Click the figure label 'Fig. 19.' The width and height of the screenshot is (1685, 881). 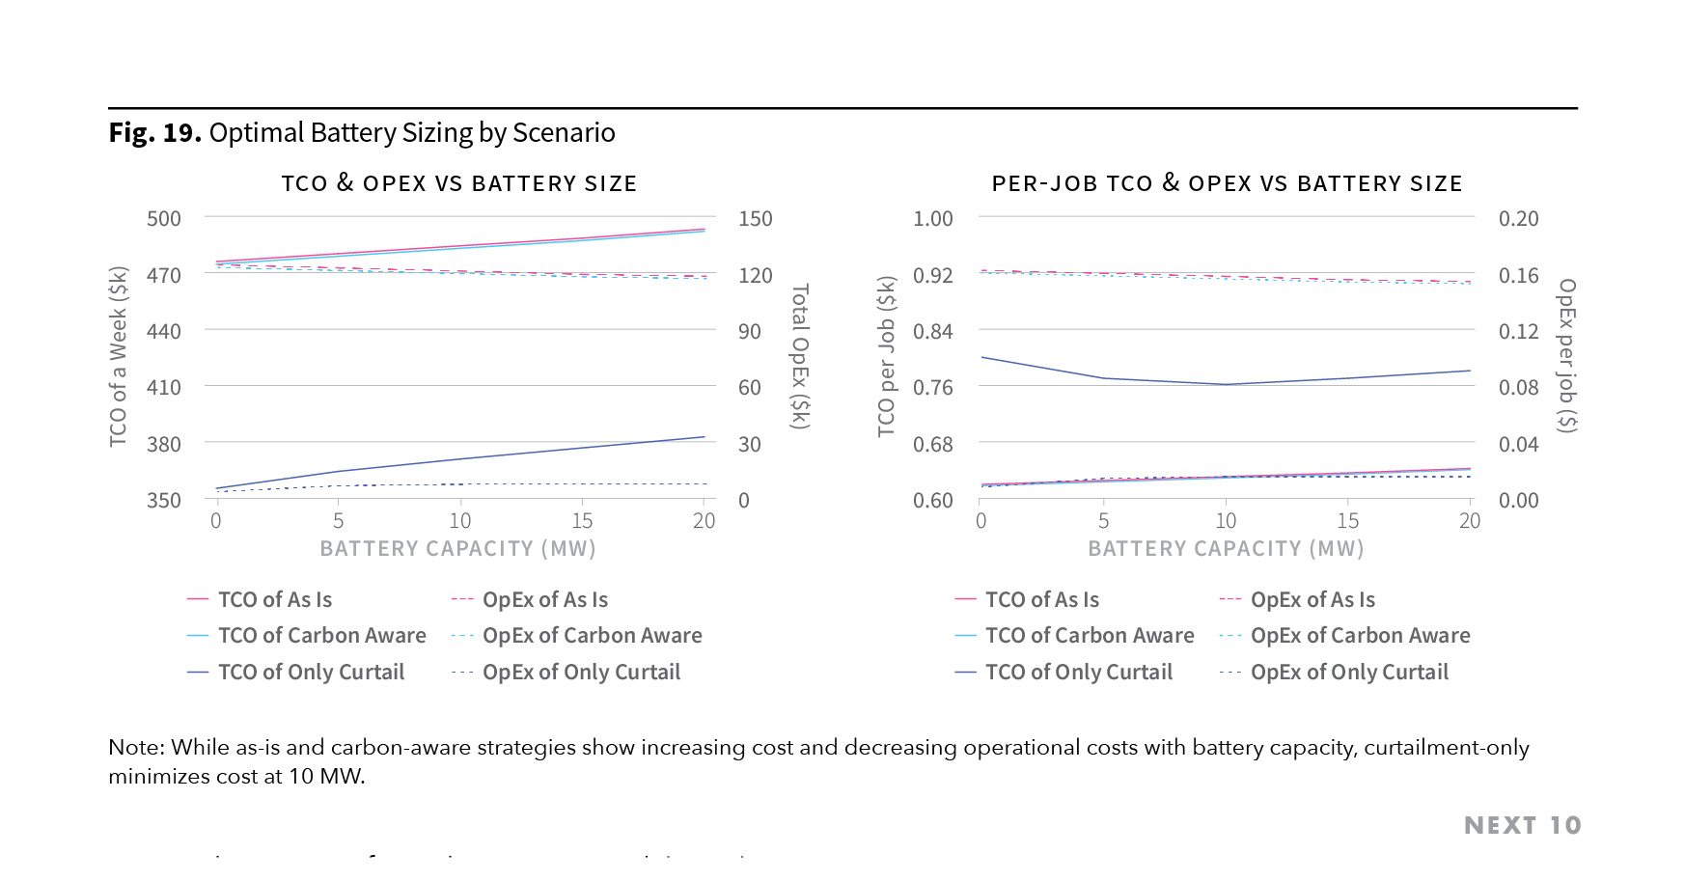154,132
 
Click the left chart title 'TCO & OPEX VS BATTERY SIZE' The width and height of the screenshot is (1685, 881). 458,183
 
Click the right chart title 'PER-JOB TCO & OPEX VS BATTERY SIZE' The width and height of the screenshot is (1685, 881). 1227,183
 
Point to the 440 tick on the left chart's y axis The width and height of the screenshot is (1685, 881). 163,331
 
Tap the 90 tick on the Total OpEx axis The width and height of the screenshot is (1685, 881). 750,331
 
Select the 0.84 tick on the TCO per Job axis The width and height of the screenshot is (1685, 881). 932,331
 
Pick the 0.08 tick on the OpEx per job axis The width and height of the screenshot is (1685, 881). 1518,387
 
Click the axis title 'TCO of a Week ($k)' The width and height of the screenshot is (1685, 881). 118,356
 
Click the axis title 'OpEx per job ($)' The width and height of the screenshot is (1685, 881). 1567,356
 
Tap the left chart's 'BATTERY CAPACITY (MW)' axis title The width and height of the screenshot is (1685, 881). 457,548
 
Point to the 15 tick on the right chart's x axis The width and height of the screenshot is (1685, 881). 1347,521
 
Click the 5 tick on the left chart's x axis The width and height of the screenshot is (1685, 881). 338,521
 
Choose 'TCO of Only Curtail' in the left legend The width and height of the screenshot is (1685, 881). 311,672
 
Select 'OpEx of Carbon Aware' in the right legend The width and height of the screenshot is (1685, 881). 1360,635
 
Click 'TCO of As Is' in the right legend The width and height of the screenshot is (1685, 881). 1041,599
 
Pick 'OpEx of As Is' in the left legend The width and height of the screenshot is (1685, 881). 545,599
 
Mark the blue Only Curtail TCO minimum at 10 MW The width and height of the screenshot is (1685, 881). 1226,384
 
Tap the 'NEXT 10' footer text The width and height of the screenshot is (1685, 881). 1522,825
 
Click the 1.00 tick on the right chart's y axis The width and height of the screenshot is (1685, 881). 932,218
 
